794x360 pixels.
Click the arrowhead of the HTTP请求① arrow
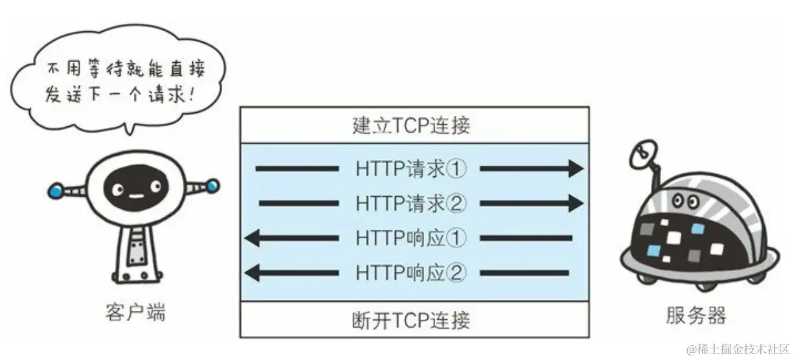pyautogui.click(x=576, y=170)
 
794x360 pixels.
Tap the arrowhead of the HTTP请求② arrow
pyautogui.click(x=576, y=204)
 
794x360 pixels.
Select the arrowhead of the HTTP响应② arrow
pyautogui.click(x=253, y=273)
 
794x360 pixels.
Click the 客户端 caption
pyautogui.click(x=135, y=314)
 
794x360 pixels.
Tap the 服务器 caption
pyautogui.click(x=696, y=315)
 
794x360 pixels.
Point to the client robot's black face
pyautogui.click(x=133, y=186)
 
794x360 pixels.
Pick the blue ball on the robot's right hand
pyautogui.click(x=212, y=186)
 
